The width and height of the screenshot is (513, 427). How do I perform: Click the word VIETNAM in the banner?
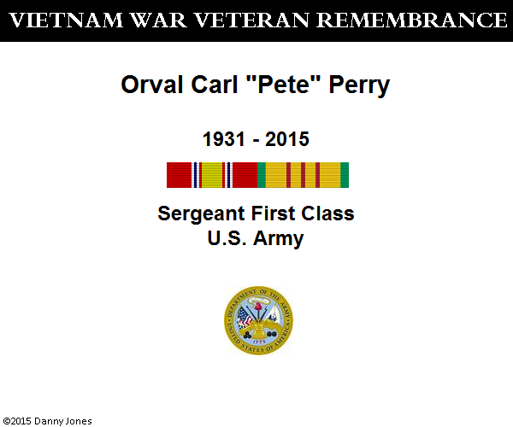(66, 20)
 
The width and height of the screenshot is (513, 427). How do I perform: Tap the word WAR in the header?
(158, 20)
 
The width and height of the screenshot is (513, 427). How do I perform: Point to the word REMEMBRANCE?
(412, 20)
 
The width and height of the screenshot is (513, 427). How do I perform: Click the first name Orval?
(152, 85)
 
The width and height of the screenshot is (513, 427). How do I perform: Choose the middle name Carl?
(214, 85)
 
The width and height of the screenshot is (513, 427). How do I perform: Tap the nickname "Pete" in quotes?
(283, 85)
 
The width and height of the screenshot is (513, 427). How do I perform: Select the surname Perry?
(359, 86)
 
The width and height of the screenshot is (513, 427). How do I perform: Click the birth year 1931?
(224, 139)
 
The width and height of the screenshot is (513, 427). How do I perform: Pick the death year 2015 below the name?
(287, 139)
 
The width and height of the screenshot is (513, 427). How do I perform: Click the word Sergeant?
(201, 214)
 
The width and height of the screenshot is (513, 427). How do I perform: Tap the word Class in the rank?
(327, 213)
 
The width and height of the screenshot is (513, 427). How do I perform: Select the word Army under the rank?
(279, 239)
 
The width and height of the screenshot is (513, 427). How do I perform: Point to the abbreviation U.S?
(227, 238)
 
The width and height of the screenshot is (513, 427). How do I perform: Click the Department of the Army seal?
(258, 320)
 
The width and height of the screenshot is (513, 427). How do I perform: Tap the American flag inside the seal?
(244, 317)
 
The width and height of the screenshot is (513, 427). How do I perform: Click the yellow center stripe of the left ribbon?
(212, 175)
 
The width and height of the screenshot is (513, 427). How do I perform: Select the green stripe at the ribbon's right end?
(345, 175)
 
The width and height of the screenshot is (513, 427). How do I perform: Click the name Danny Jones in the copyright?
(62, 421)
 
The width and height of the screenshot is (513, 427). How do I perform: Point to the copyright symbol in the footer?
(7, 421)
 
